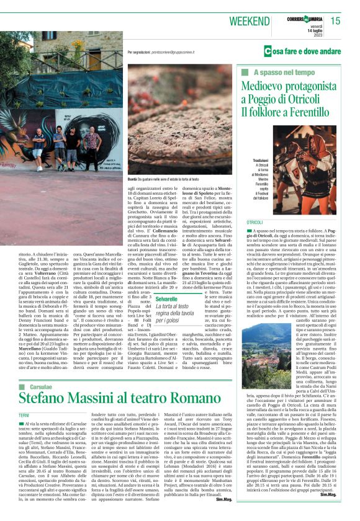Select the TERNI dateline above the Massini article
(24, 414)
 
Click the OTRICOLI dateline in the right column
(254, 221)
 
